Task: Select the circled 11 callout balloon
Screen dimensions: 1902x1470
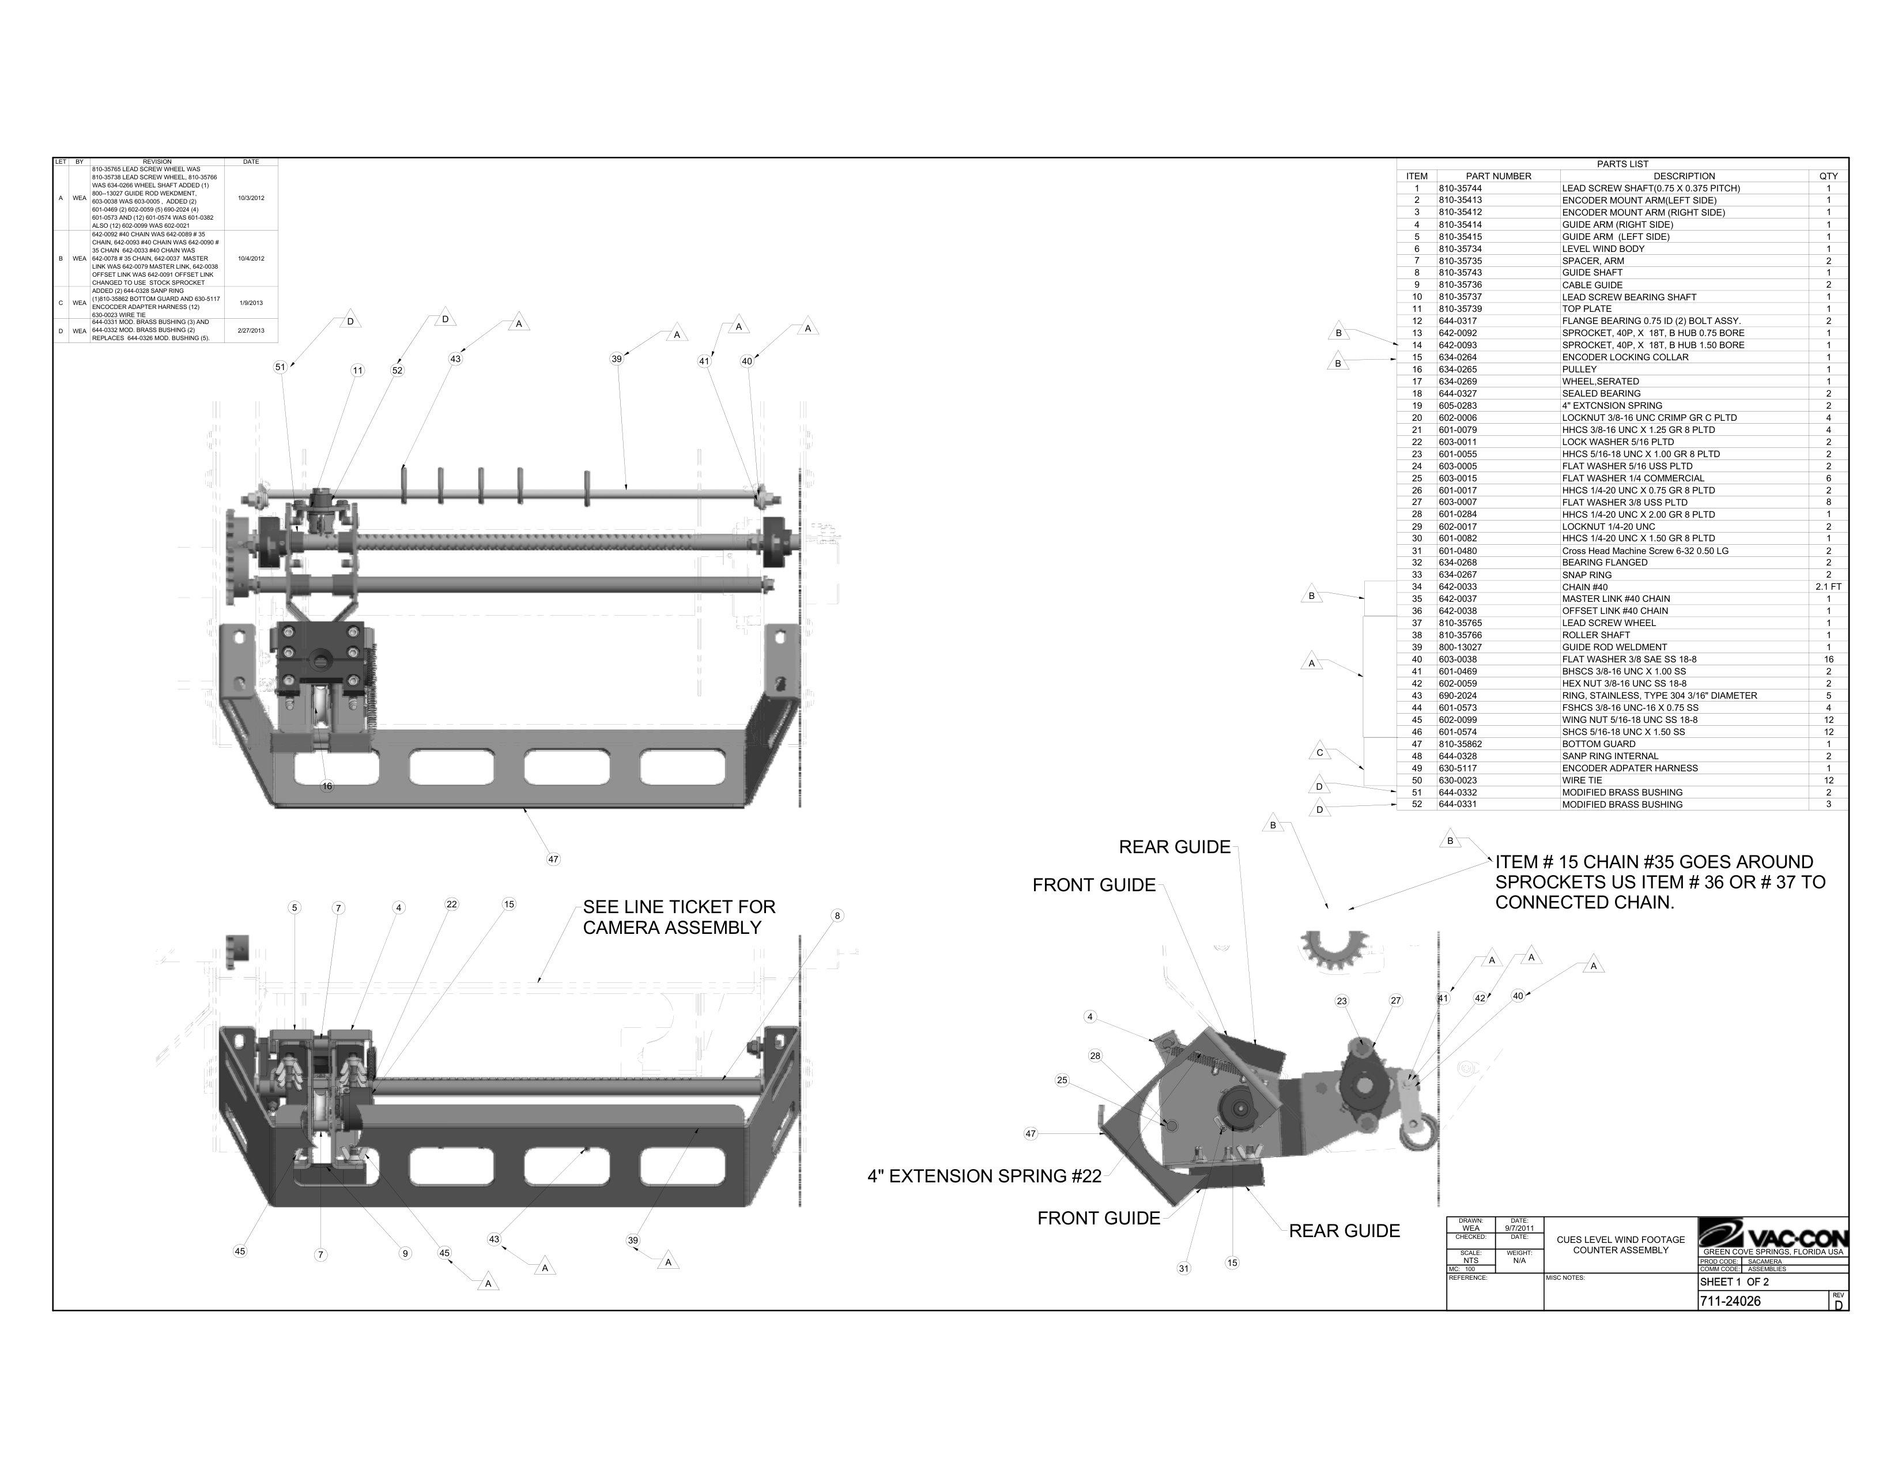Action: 357,370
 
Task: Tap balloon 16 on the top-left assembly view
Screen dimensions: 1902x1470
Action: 327,786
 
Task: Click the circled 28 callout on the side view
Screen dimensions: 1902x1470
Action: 1095,1056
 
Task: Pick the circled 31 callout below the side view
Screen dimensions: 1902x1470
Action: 1183,1268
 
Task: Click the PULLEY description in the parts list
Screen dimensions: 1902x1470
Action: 1580,370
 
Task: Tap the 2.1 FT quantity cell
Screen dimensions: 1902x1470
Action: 1828,587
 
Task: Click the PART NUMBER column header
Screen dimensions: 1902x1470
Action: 1498,176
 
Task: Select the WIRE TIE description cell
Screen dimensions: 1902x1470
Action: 1582,781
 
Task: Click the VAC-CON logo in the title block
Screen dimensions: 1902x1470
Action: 1773,1237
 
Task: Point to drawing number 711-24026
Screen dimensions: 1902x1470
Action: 1730,1301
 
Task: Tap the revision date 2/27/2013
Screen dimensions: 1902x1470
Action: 251,331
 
